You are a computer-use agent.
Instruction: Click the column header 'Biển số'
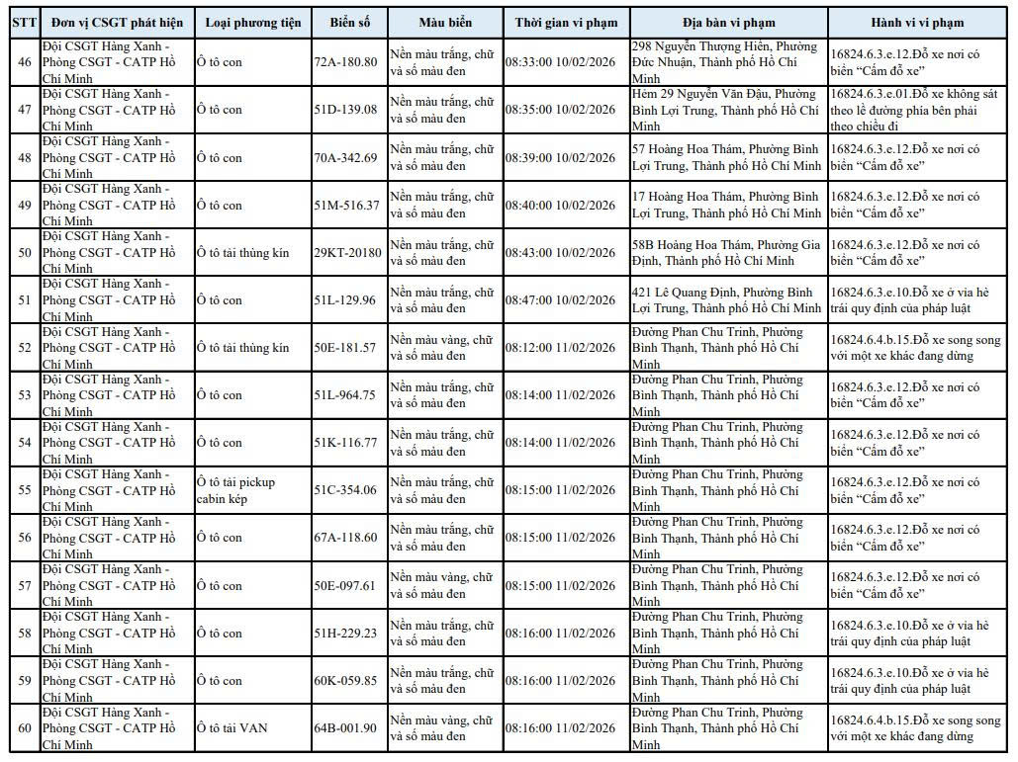[x=350, y=23]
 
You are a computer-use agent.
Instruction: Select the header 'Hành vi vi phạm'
[x=917, y=23]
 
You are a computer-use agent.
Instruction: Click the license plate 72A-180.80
[x=345, y=62]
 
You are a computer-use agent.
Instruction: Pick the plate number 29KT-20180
[x=347, y=253]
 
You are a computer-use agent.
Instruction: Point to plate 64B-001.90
[x=345, y=728]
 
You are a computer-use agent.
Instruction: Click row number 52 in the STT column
[x=25, y=348]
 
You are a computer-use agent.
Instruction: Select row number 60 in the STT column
[x=25, y=728]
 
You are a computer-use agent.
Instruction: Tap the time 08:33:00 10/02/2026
[x=560, y=62]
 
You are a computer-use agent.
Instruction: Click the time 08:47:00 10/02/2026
[x=560, y=300]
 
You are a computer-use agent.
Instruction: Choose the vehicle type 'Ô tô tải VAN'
[x=231, y=728]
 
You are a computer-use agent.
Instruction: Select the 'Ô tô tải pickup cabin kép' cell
[x=235, y=490]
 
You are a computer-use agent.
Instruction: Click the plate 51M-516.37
[x=346, y=206]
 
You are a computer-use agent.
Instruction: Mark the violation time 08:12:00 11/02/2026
[x=560, y=348]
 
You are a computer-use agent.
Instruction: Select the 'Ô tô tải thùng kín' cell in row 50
[x=242, y=253]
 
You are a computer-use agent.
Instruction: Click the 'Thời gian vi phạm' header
[x=566, y=23]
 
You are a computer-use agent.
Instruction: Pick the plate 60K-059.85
[x=345, y=681]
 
